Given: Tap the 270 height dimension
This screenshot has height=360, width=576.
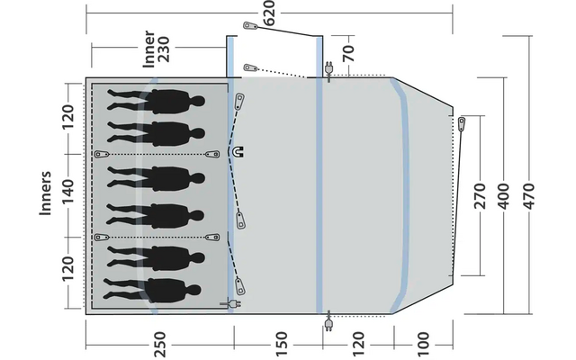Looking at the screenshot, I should (479, 194).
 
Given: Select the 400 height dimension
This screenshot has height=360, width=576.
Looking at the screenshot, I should (503, 194).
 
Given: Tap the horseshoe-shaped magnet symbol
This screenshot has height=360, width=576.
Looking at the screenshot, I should (239, 153).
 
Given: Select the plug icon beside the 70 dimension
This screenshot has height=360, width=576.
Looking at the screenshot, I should (328, 70).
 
